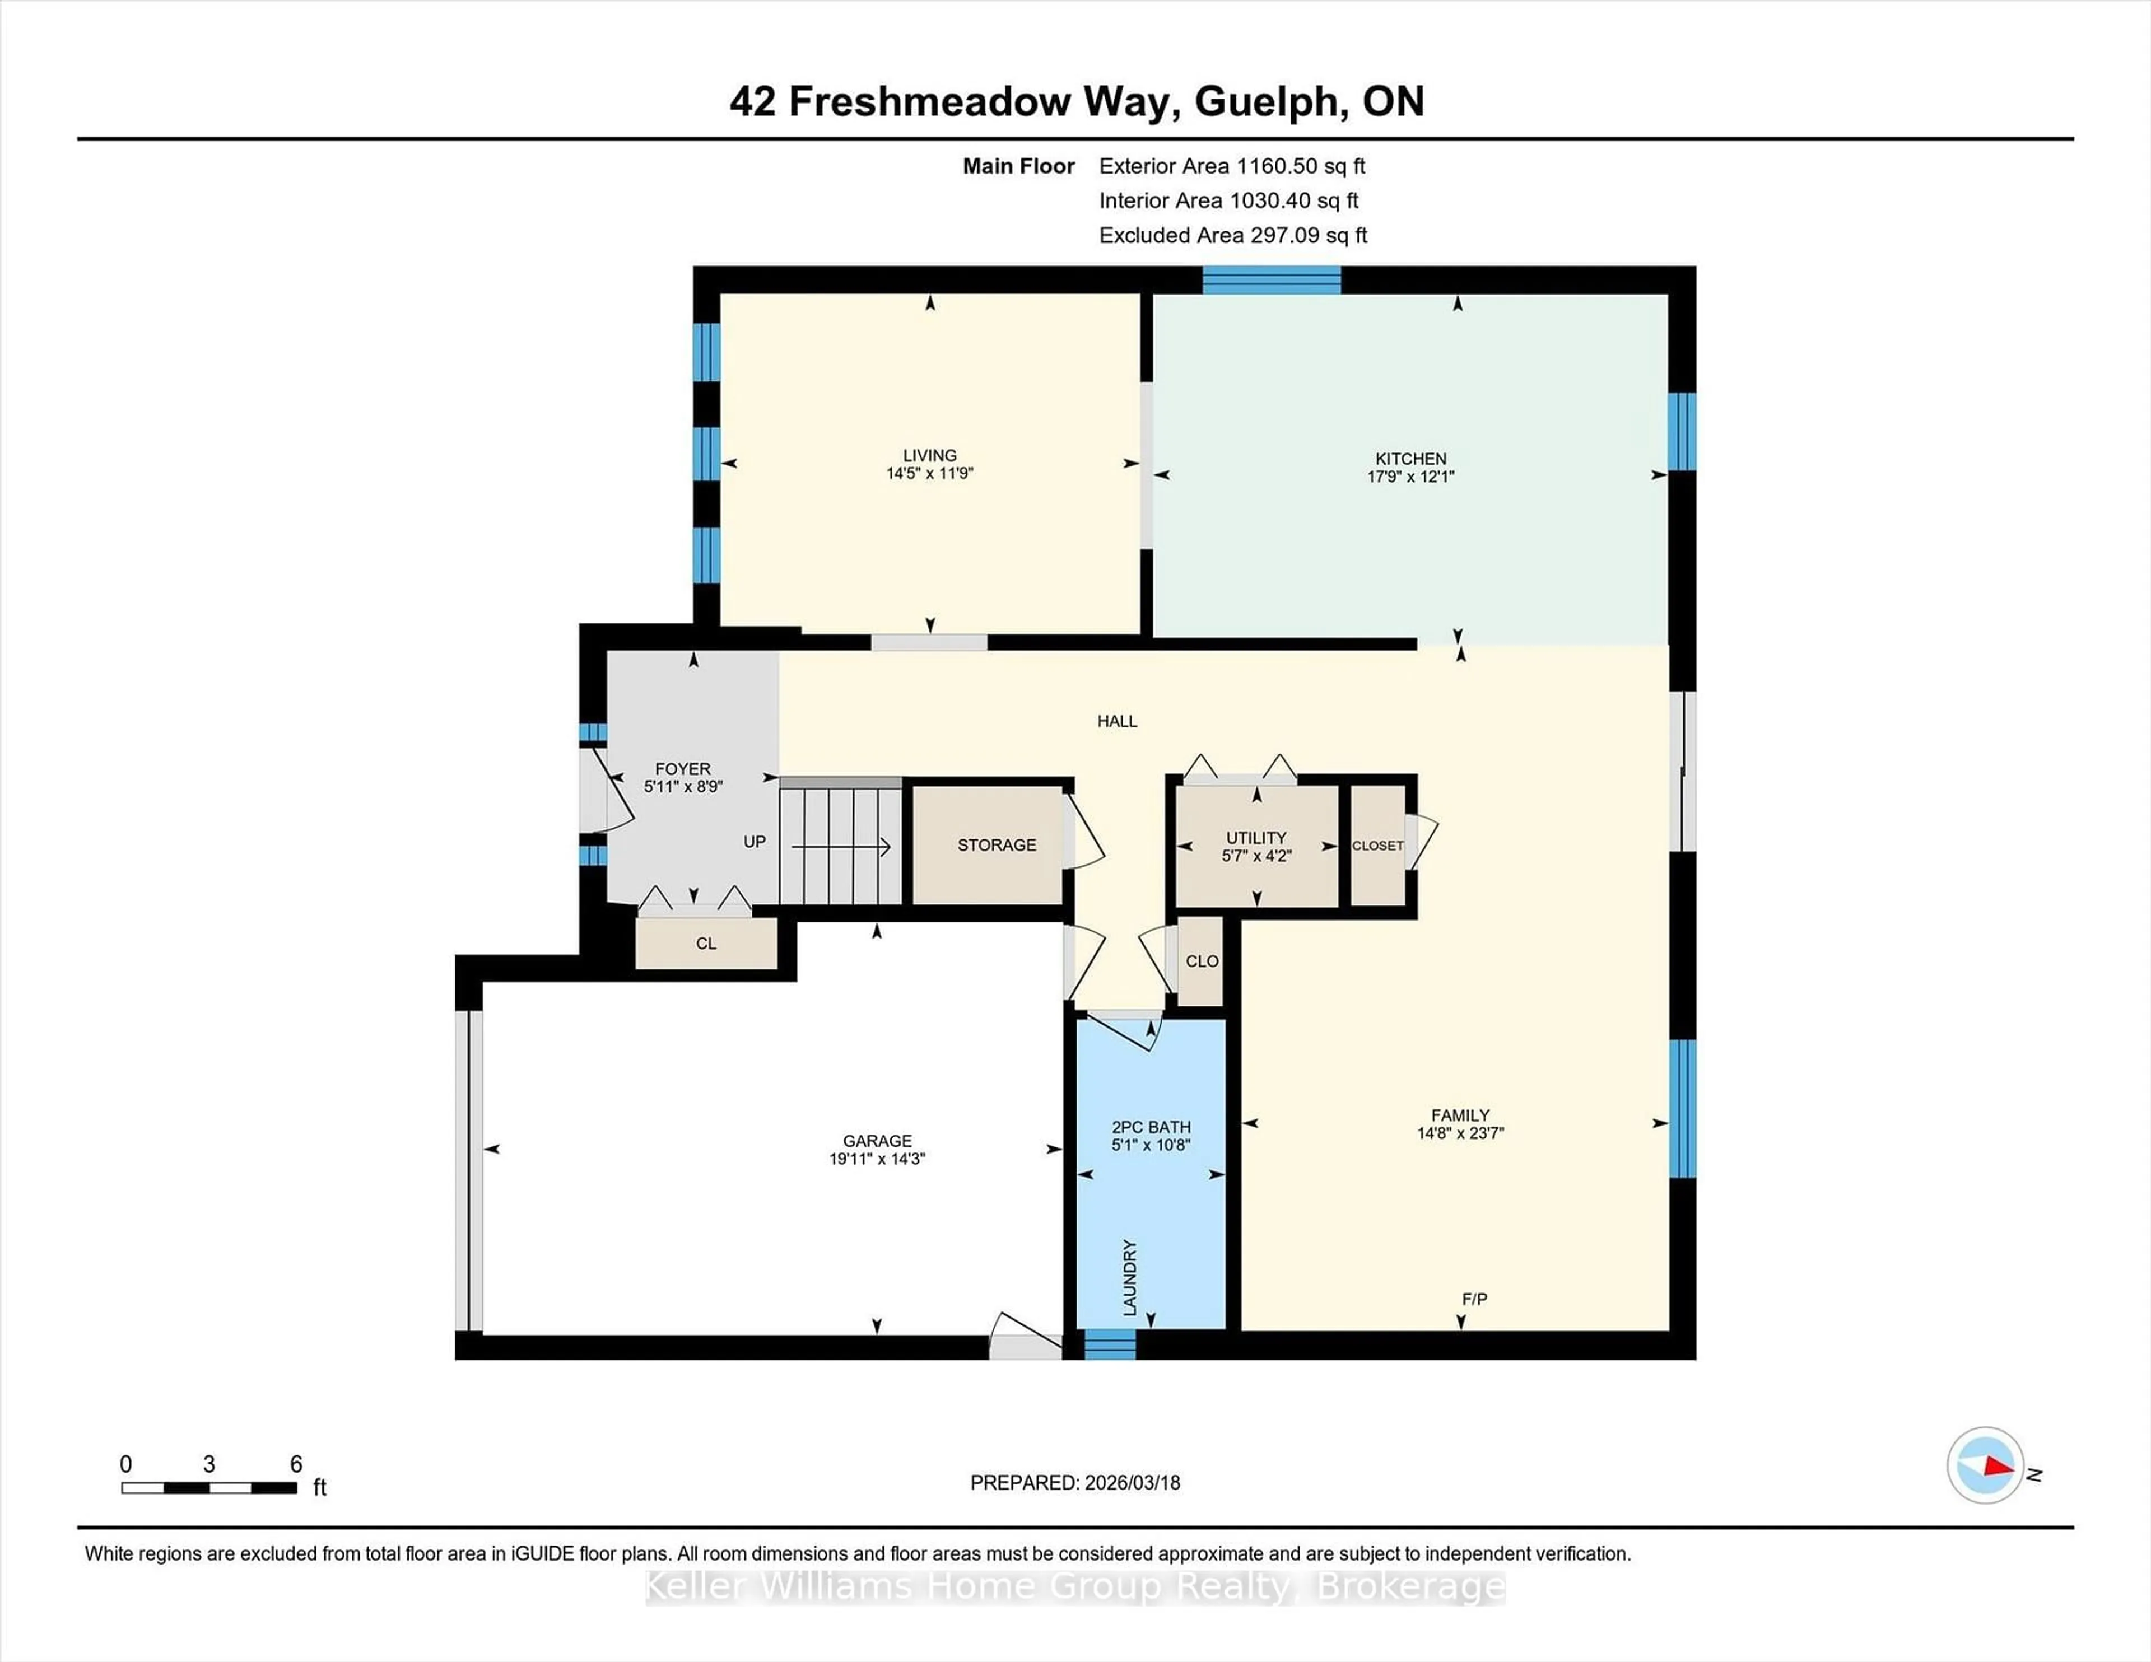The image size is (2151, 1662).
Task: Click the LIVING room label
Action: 929,455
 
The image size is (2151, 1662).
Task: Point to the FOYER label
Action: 682,769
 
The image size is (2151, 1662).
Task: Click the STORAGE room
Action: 996,845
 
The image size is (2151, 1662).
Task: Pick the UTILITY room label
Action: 1256,838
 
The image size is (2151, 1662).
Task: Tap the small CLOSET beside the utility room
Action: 1377,846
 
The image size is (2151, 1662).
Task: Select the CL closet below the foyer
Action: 705,943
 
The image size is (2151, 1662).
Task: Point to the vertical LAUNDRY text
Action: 1130,1277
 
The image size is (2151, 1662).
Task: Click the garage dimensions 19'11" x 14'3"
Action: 877,1159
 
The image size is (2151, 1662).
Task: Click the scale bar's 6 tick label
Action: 295,1464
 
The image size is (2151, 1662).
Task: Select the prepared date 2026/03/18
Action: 1130,1483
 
